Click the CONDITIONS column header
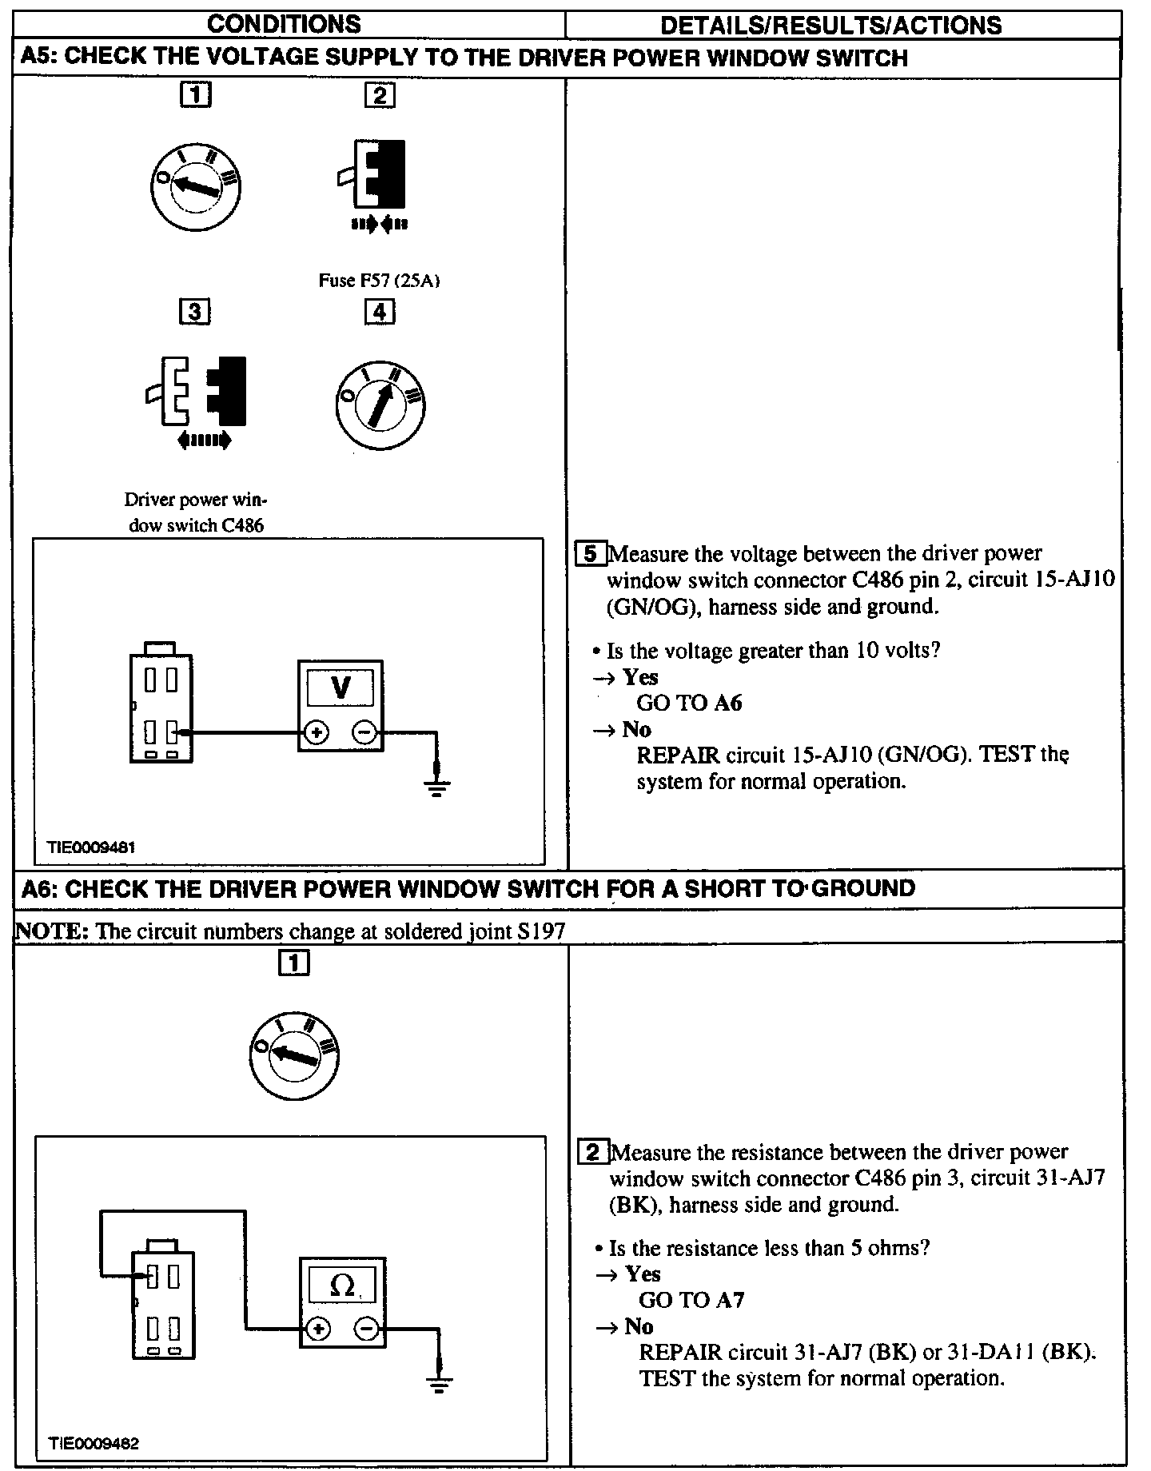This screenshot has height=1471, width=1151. tap(284, 24)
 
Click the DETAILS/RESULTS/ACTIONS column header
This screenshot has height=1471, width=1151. tap(830, 25)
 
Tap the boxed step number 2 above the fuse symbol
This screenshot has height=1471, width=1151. tap(379, 96)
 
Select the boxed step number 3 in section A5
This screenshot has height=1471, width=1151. tap(195, 312)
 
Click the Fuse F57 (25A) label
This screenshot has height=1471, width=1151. tap(380, 281)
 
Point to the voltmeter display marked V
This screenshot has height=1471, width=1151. tap(341, 688)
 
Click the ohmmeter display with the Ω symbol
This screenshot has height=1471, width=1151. tap(342, 1286)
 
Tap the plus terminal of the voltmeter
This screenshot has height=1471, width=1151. tap(317, 732)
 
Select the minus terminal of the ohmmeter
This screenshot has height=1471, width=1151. tap(367, 1329)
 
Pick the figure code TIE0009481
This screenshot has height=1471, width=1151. tap(90, 847)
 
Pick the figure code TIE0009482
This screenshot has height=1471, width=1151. tap(94, 1444)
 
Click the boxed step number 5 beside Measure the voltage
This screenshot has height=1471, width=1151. tap(590, 553)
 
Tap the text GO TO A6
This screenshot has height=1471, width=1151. tap(689, 703)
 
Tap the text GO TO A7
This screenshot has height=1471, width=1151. tap(691, 1301)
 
